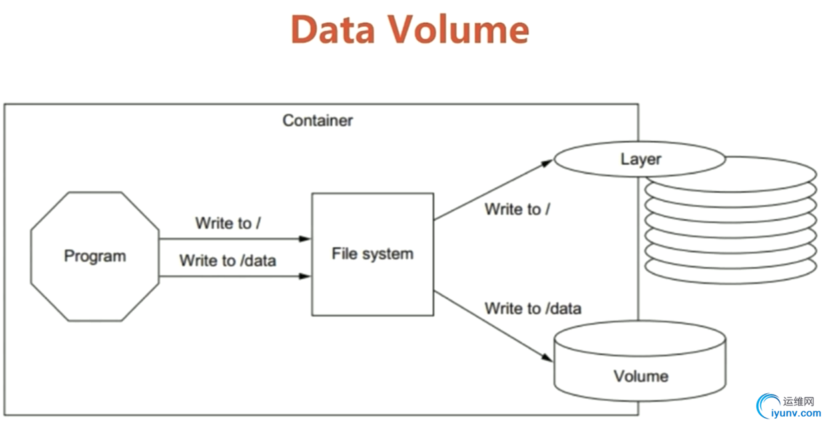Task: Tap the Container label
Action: pos(317,121)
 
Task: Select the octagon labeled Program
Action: pos(95,257)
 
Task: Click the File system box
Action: pos(372,254)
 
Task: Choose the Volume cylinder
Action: pos(640,363)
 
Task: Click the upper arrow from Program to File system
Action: pos(233,238)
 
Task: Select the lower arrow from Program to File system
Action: pos(233,275)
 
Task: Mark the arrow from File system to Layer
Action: pos(494,190)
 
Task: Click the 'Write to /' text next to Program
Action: pos(227,223)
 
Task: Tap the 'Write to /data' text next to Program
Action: pos(227,261)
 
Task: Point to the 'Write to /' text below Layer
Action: pos(517,209)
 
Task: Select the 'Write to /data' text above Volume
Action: pos(532,309)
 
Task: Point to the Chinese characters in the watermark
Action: pos(798,401)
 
